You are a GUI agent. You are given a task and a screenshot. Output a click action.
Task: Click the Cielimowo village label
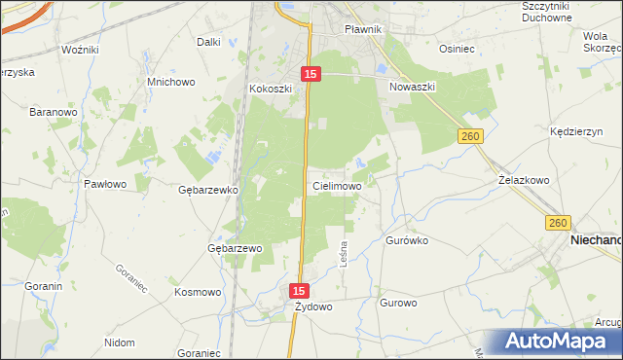click(338, 185)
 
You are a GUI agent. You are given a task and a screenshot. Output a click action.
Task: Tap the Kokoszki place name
click(271, 89)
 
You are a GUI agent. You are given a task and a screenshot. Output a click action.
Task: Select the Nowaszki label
click(412, 87)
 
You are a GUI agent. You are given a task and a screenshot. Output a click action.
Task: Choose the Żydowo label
click(314, 306)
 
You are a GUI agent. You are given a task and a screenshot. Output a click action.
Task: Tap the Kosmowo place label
click(198, 292)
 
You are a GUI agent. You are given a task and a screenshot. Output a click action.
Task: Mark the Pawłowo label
click(105, 183)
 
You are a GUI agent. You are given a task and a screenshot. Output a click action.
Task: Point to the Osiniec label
click(457, 49)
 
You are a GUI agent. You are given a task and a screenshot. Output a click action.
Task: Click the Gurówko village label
click(408, 239)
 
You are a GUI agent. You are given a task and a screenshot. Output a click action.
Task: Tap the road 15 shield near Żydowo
click(300, 291)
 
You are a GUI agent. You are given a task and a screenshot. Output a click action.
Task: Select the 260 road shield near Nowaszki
click(471, 138)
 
